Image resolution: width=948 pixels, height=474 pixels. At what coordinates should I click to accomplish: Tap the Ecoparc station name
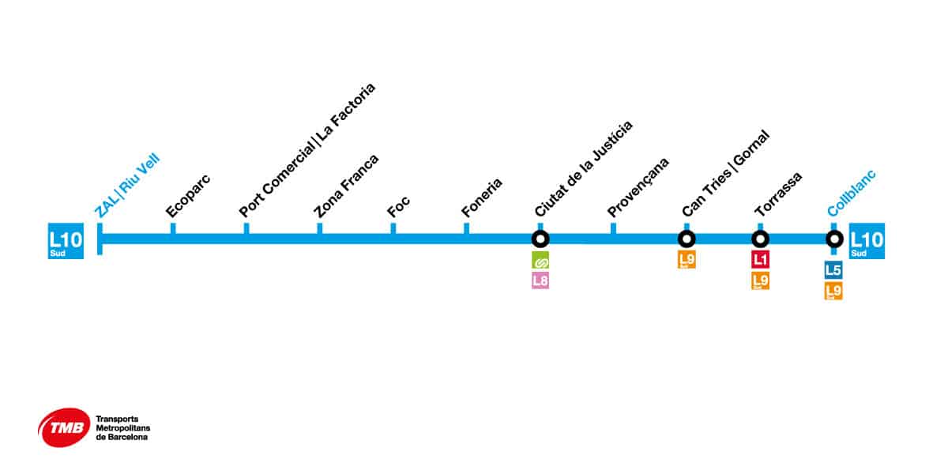(x=188, y=198)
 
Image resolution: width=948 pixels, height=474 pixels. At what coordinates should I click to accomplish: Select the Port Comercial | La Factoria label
(x=307, y=150)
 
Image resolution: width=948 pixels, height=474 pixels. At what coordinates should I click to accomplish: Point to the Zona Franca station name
(x=346, y=186)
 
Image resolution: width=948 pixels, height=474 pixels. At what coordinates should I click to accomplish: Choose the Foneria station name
(x=482, y=197)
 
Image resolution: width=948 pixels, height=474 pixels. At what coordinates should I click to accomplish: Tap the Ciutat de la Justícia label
(x=583, y=169)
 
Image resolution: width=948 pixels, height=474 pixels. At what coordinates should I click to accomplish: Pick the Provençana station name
(x=638, y=187)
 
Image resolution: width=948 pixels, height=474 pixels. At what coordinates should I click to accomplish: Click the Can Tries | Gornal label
(x=725, y=174)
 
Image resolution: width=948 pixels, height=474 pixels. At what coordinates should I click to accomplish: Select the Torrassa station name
(x=778, y=194)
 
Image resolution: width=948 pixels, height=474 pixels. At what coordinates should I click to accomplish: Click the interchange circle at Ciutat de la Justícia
(x=540, y=239)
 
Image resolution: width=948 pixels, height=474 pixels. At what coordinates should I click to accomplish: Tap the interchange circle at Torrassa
(x=760, y=239)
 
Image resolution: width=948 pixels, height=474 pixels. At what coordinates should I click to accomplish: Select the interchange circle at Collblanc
(x=833, y=239)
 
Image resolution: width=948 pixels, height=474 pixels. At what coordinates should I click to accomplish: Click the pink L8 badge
(x=540, y=280)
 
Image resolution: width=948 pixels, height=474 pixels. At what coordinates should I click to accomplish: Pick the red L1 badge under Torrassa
(x=760, y=259)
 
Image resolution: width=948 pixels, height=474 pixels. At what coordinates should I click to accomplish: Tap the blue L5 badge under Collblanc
(x=833, y=270)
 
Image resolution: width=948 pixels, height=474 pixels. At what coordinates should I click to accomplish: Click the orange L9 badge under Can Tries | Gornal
(x=687, y=259)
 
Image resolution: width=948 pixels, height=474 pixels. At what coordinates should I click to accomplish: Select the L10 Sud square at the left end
(x=65, y=242)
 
